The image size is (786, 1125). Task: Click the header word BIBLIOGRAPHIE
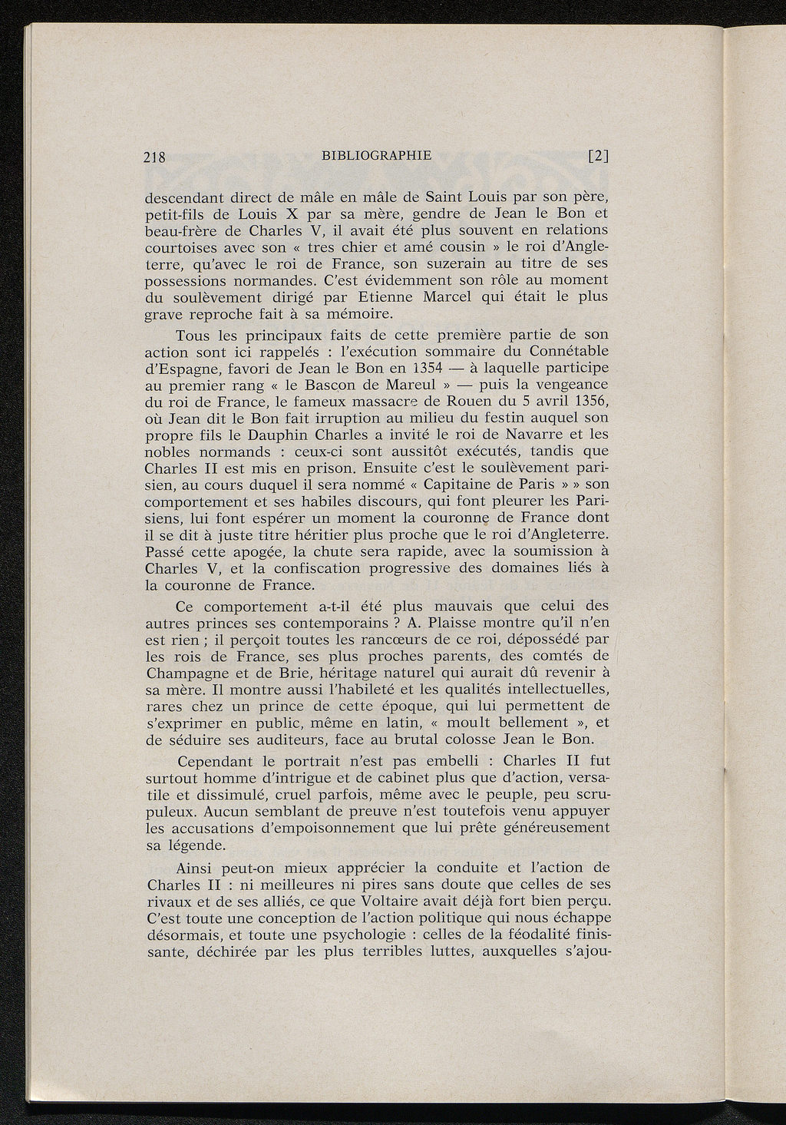[x=377, y=156]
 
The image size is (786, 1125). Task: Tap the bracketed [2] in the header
[x=598, y=157]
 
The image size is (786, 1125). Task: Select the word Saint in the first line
[x=431, y=197]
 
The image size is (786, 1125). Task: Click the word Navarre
[x=534, y=435]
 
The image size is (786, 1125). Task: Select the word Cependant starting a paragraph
[x=215, y=763]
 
